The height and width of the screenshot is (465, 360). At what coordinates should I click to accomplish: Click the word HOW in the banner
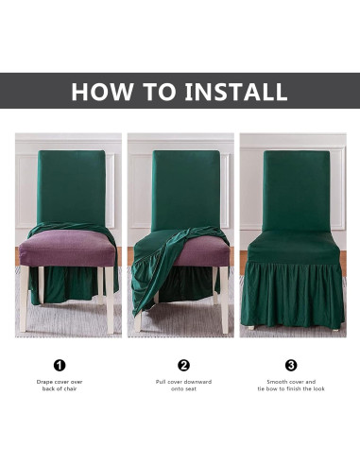102,92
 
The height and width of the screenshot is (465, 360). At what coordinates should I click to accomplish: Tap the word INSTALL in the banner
236,92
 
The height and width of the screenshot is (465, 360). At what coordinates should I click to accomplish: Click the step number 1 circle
60,366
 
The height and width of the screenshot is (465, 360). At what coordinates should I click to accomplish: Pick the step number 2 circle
183,366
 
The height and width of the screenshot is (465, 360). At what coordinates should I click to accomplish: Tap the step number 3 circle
291,366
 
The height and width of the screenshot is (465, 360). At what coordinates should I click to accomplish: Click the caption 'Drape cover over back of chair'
60,386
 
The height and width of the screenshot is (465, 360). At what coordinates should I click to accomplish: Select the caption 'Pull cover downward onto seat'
183,386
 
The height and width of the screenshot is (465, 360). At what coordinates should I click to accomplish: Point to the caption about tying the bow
291,386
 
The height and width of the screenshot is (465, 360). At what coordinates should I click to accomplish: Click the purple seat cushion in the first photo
67,248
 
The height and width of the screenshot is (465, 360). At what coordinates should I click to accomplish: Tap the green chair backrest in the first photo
71,187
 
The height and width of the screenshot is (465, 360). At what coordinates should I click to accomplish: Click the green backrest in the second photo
185,189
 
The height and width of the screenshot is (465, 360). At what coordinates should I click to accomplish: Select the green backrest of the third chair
296,191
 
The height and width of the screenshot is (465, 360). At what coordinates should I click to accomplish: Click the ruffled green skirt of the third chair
293,295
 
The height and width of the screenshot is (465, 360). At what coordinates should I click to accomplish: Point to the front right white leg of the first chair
110,300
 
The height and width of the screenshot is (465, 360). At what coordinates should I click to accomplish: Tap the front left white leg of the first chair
24,299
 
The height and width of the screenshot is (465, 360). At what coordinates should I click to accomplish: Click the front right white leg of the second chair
224,300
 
